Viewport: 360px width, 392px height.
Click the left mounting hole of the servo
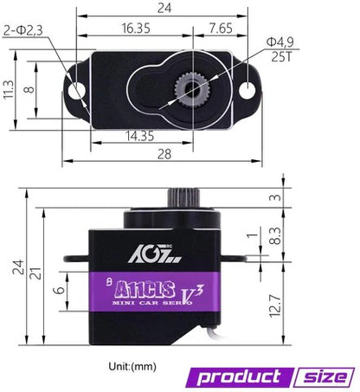(77, 89)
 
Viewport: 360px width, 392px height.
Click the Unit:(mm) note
(132, 367)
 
